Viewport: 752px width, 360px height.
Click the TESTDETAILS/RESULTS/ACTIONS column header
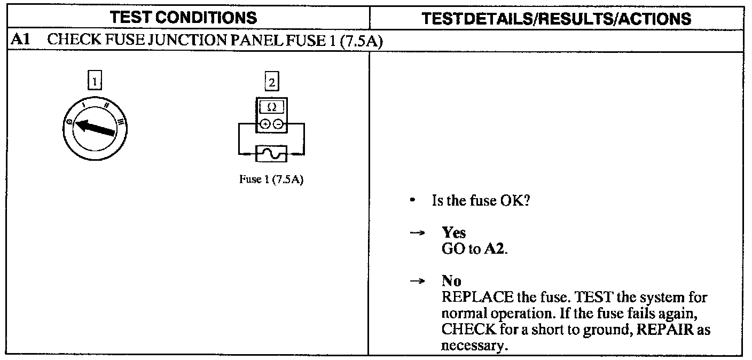pos(556,19)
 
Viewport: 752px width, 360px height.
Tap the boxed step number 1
pos(95,81)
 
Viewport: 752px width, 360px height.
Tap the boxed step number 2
pos(272,82)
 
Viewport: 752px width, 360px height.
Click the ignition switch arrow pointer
pos(95,129)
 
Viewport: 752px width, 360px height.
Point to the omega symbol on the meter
pos(272,107)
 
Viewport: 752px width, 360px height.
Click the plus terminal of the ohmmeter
pos(265,124)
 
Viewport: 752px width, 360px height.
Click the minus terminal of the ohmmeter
pos(278,124)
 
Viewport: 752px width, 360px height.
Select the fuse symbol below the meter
pos(272,154)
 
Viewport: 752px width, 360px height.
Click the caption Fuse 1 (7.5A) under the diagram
pos(272,179)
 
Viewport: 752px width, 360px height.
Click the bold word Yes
pos(453,233)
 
